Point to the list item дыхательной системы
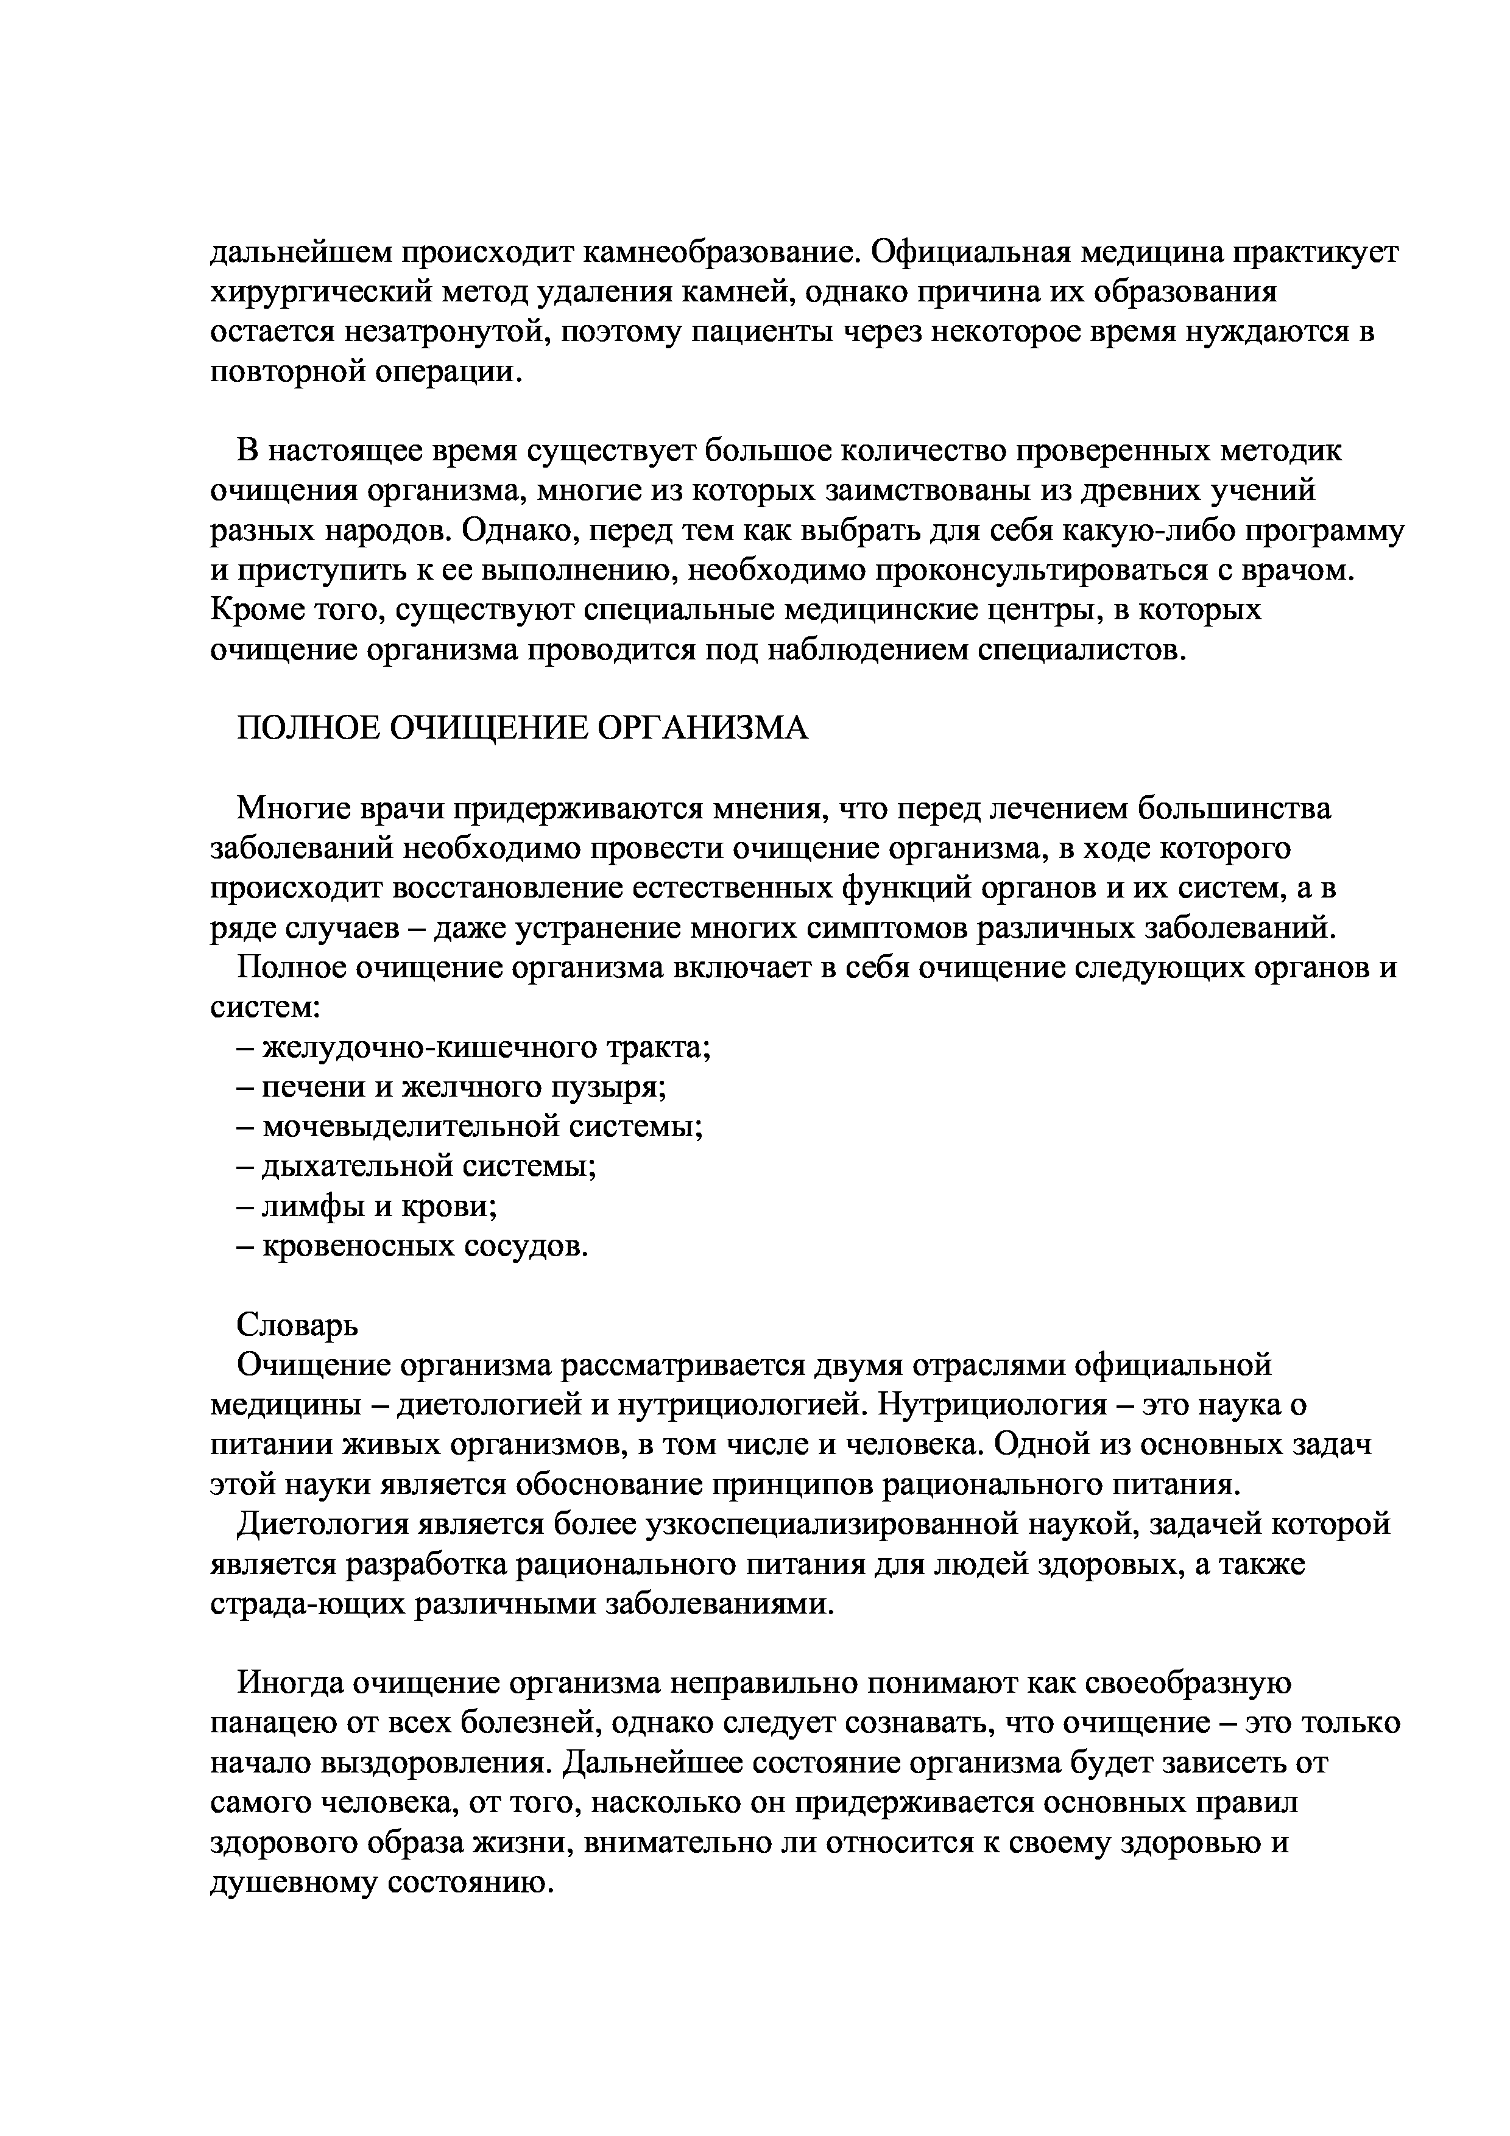coord(428,1167)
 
